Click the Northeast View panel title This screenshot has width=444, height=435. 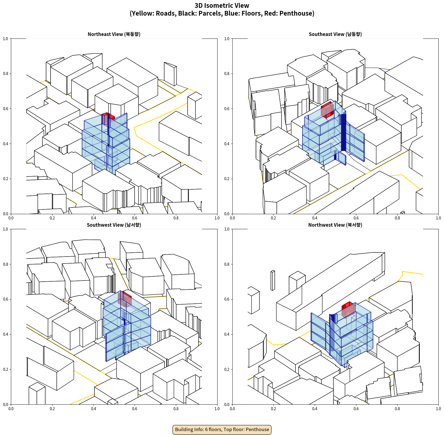[x=114, y=34]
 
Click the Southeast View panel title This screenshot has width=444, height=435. [x=335, y=34]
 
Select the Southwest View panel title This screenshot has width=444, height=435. [x=114, y=225]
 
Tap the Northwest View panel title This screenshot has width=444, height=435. [x=335, y=225]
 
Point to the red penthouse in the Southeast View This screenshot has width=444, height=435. [x=327, y=110]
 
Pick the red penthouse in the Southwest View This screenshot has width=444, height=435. [x=125, y=299]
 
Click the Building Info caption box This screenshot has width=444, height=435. [x=222, y=429]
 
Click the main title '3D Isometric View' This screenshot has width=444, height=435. [x=222, y=6]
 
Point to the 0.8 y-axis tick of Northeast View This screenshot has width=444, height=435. [x=6, y=74]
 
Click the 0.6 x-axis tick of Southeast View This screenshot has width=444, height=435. [x=356, y=218]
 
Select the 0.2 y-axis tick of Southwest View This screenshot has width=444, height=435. [x=6, y=369]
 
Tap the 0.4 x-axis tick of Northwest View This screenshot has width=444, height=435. [x=315, y=409]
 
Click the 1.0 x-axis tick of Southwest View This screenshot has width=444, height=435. [x=217, y=409]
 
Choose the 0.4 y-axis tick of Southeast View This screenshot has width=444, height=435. [x=227, y=144]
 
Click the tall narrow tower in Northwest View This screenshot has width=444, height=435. [x=273, y=280]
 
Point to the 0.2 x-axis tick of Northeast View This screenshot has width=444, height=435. [x=52, y=218]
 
